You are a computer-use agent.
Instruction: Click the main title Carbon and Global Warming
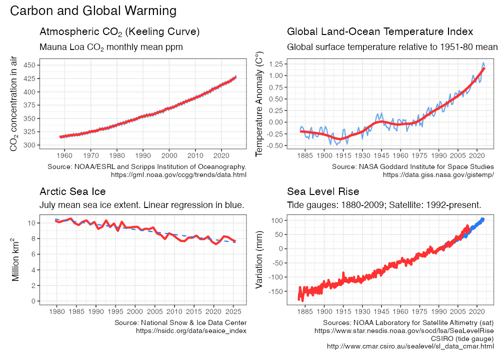pyautogui.click(x=93, y=11)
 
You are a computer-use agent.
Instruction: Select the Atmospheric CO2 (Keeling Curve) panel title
pyautogui.click(x=119, y=32)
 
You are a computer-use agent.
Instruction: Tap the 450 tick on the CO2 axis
pyautogui.click(x=29, y=65)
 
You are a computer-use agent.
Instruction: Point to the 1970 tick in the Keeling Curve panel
pyautogui.click(x=90, y=154)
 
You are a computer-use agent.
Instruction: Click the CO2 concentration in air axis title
pyautogui.click(x=14, y=104)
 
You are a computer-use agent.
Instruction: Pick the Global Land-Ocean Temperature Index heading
pyautogui.click(x=380, y=32)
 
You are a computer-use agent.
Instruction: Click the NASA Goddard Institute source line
pyautogui.click(x=412, y=166)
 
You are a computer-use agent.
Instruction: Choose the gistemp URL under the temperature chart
pyautogui.click(x=438, y=174)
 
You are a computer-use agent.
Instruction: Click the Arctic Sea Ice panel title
pyautogui.click(x=72, y=192)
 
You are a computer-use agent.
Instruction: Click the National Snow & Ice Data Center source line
pyautogui.click(x=180, y=322)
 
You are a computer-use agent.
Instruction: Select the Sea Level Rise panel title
pyautogui.click(x=323, y=192)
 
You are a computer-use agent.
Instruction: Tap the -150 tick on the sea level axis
pyautogui.click(x=274, y=291)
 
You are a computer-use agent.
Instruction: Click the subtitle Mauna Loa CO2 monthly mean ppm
pyautogui.click(x=111, y=47)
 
